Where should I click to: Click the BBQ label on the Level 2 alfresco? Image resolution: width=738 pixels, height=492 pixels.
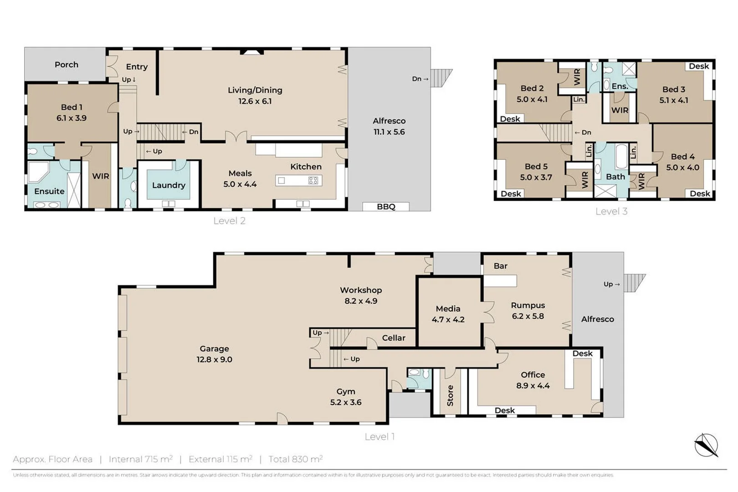coord(386,206)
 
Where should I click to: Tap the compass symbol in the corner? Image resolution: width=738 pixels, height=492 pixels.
coord(706,445)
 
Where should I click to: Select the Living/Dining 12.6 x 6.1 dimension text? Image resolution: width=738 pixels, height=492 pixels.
coord(255,101)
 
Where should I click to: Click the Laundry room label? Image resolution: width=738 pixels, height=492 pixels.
coord(169,185)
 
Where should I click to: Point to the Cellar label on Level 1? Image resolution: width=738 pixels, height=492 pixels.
coord(393,338)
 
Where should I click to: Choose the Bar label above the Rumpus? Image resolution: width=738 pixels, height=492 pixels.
coord(500,266)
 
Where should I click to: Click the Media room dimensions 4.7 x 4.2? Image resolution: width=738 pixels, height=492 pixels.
coord(448,319)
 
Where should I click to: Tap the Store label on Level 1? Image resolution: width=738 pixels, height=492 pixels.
coord(450,395)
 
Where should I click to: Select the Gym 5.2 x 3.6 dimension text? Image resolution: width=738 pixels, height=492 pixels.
coord(345,402)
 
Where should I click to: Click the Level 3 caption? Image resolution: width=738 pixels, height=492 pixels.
coord(611,211)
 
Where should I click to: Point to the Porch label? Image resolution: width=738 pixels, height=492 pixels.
coord(67,65)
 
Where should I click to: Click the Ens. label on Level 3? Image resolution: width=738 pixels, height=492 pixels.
coord(620,86)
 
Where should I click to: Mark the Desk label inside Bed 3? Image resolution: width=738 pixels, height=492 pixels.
coord(698,66)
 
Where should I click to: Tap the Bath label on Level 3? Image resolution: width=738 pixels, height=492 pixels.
coord(615,176)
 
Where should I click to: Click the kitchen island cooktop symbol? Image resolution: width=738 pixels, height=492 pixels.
coord(313,180)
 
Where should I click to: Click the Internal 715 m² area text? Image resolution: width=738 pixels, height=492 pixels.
coord(140,459)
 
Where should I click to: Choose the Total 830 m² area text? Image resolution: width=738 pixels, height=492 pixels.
coord(295,459)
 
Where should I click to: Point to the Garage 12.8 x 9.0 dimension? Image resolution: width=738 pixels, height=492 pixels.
coord(214,359)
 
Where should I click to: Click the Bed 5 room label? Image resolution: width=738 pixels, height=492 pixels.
coord(536,166)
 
